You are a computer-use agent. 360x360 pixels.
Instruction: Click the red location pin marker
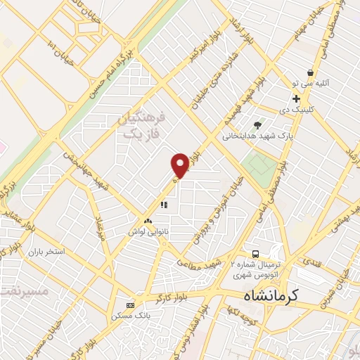tap(181, 165)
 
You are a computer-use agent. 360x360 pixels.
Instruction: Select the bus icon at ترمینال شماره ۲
tap(256, 254)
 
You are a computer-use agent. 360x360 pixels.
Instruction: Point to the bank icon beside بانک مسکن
tap(129, 305)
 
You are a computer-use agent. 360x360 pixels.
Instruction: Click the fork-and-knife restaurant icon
tap(163, 205)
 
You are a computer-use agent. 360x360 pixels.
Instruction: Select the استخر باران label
tap(47, 251)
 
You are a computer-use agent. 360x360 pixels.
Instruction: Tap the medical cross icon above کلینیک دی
tap(297, 98)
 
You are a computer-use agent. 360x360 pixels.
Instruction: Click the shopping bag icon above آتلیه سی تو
tap(310, 72)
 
